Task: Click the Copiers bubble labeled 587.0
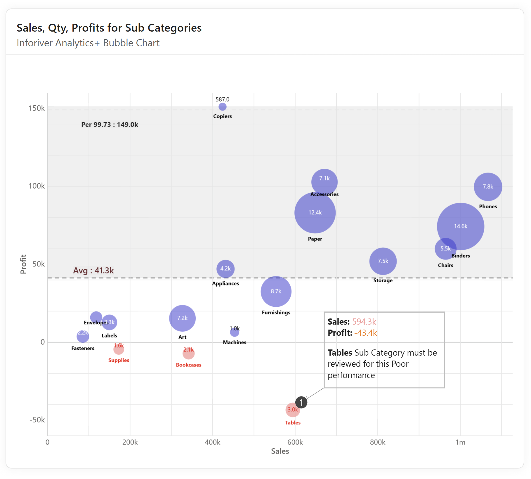[x=223, y=107]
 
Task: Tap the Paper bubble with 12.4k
[x=315, y=213]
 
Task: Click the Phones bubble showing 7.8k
[x=488, y=187]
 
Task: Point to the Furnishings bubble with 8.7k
[x=276, y=292]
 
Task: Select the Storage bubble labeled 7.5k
[x=383, y=261]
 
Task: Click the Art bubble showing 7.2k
[x=182, y=318]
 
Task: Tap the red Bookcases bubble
[x=188, y=354]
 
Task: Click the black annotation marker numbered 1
[x=301, y=402]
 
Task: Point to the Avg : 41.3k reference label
[x=93, y=270]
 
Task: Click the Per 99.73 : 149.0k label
[x=110, y=125]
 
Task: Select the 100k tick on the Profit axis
[x=37, y=186]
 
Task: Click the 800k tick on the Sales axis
[x=377, y=442]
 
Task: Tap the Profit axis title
[x=23, y=264]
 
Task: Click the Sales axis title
[x=280, y=451]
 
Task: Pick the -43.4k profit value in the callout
[x=365, y=333]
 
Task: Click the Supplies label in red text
[x=119, y=360]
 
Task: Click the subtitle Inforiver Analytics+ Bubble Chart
[x=88, y=43]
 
